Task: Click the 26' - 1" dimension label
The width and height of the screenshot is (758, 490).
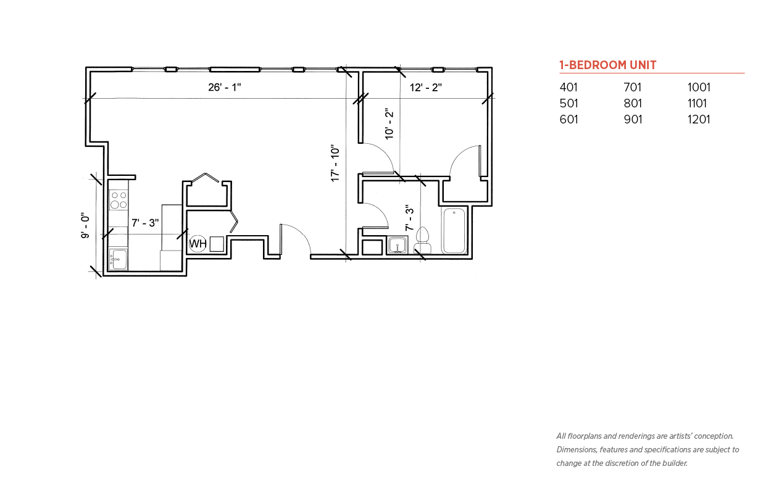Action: point(224,87)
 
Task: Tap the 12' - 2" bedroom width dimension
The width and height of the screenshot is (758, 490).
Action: point(426,88)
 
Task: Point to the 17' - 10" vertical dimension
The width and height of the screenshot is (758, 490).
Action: point(335,164)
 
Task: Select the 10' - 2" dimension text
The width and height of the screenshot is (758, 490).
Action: point(389,124)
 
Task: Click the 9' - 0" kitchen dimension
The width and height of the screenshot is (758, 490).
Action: point(85,225)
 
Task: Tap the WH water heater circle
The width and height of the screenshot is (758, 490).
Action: point(198,244)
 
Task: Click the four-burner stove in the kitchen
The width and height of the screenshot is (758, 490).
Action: point(119,200)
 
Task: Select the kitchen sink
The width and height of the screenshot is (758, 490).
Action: point(119,260)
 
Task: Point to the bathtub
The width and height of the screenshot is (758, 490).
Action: point(454,230)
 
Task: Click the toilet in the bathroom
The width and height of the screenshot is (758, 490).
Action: point(422,240)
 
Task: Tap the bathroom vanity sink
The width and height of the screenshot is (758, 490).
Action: point(398,245)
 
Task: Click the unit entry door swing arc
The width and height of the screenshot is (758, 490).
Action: point(301,233)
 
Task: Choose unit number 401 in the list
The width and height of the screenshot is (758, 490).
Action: point(568,87)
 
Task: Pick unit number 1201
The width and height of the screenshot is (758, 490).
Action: point(699,120)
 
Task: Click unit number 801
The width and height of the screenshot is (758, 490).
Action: point(633,103)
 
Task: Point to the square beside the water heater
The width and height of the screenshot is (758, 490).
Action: point(217,244)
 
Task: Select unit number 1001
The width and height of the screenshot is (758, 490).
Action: point(699,87)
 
